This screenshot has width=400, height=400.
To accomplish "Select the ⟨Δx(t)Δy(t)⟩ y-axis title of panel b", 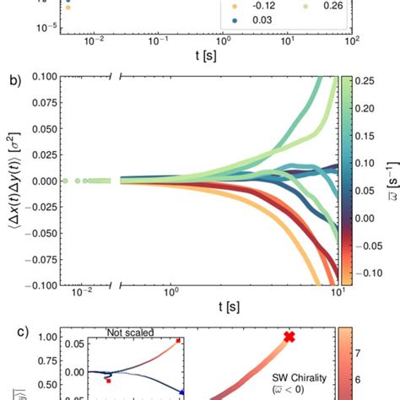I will tap(11, 181).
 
